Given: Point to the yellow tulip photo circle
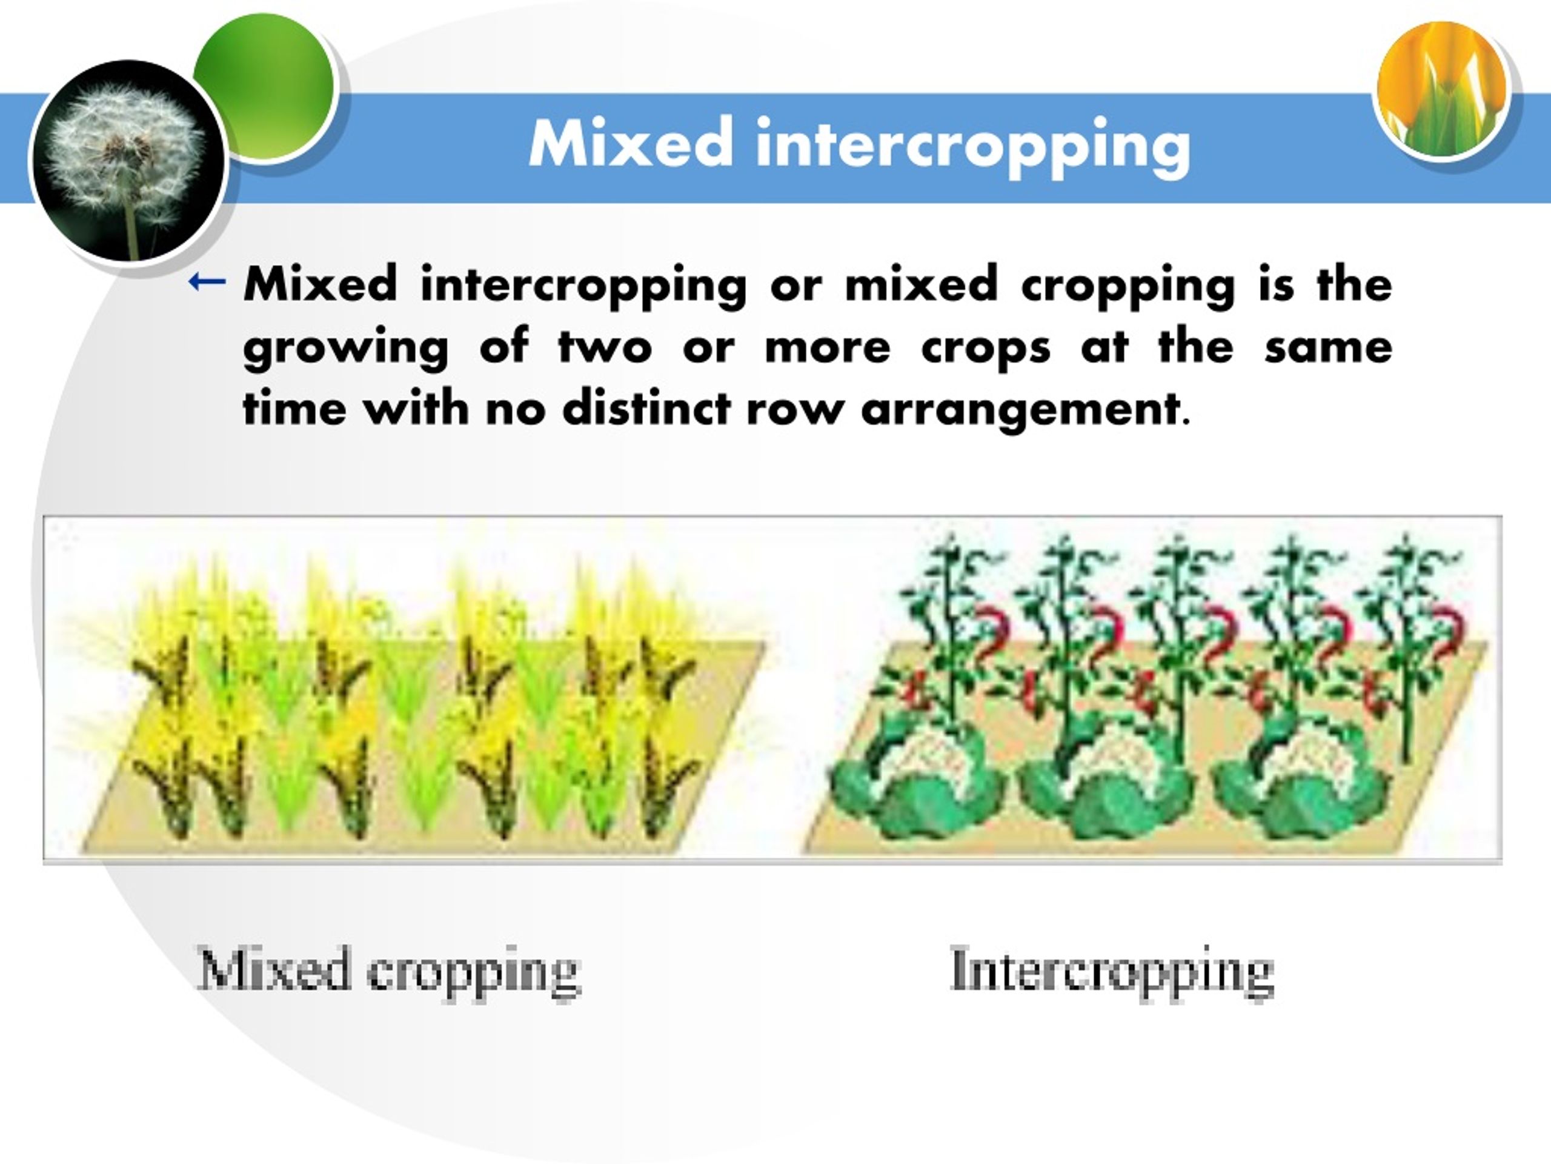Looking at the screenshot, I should pyautogui.click(x=1443, y=89).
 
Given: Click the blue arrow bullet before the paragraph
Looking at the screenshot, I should pyautogui.click(x=207, y=282).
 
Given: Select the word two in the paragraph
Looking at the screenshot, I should pyautogui.click(x=605, y=347).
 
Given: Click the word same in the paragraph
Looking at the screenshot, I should pyautogui.click(x=1328, y=347).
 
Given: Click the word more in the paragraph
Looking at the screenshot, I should pyautogui.click(x=828, y=347).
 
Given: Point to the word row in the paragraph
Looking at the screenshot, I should pyautogui.click(x=794, y=409).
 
